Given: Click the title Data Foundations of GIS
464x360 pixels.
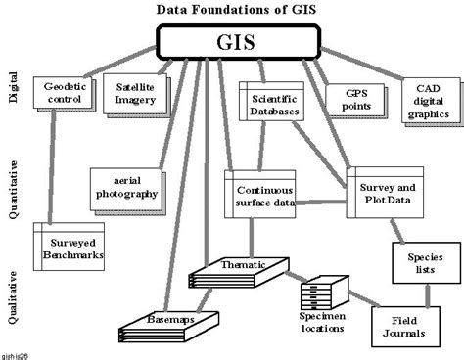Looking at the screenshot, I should click(x=232, y=11).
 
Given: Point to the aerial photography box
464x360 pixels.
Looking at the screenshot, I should click(x=123, y=186).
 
